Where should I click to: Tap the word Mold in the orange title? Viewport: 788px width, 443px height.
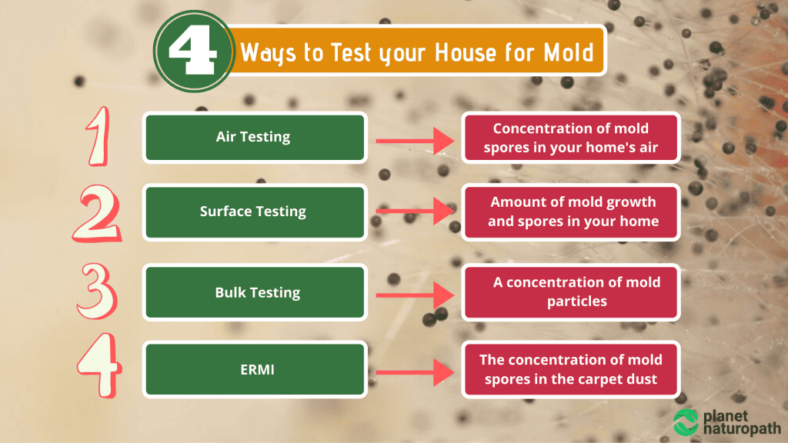point(566,53)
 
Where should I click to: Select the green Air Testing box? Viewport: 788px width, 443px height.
point(254,138)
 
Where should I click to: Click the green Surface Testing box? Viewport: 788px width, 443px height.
point(254,212)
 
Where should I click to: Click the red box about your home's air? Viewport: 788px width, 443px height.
point(570,138)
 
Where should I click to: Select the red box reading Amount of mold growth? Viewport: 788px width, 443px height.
point(570,212)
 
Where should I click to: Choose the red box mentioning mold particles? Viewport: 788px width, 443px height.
point(570,292)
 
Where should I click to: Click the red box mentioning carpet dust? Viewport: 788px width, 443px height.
point(570,368)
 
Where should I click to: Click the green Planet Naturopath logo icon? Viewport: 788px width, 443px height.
point(686,421)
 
